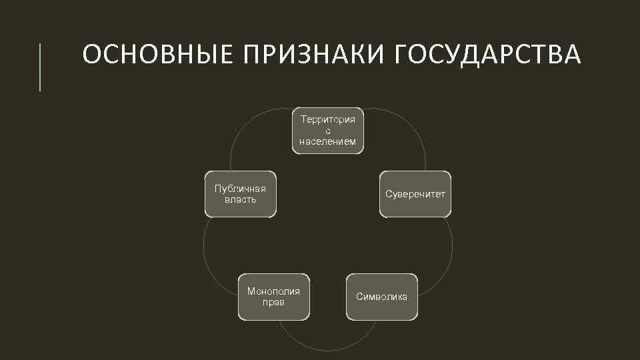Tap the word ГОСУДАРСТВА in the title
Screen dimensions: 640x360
click(x=488, y=55)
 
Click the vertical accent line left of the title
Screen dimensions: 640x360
click(x=40, y=67)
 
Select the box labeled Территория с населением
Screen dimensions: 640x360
click(x=328, y=131)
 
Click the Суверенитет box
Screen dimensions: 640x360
click(x=415, y=194)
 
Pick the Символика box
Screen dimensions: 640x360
click(x=381, y=297)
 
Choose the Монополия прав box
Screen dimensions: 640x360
click(x=273, y=297)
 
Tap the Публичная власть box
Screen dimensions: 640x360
click(x=240, y=194)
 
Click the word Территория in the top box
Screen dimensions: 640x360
click(x=328, y=119)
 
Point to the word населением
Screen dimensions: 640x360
click(x=328, y=141)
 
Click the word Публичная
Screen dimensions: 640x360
click(x=240, y=189)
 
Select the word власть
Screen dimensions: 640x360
click(x=240, y=199)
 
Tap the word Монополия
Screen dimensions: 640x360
click(x=273, y=291)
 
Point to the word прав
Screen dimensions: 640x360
click(x=273, y=302)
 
